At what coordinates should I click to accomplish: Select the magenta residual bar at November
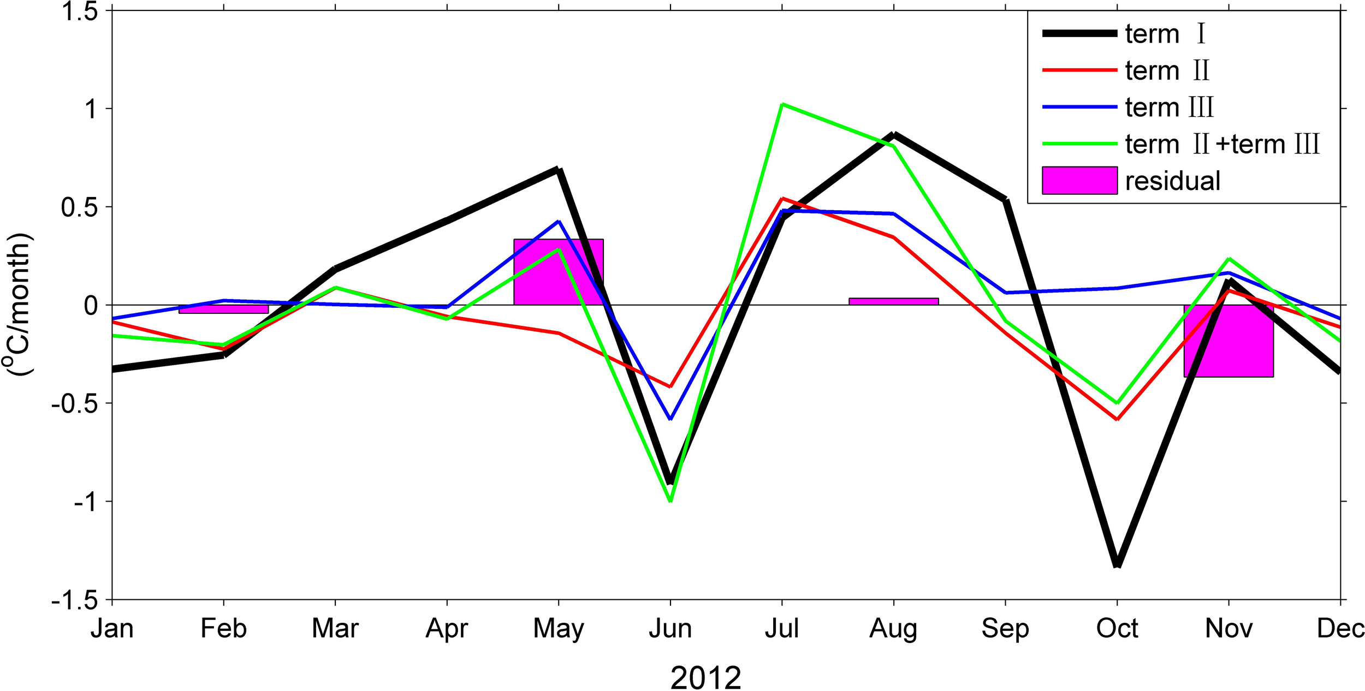tap(1228, 341)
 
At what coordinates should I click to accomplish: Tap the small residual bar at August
tap(893, 301)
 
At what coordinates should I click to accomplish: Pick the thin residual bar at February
tap(223, 309)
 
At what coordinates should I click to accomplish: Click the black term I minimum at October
tap(1117, 565)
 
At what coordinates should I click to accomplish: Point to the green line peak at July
tap(782, 104)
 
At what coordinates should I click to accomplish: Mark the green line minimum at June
tap(670, 501)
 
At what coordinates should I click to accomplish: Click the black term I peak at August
tap(894, 134)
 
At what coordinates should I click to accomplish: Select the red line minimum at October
tap(1117, 419)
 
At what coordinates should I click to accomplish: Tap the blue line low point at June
tap(670, 419)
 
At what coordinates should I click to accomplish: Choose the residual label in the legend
tap(1172, 181)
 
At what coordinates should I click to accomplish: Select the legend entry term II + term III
tap(1222, 144)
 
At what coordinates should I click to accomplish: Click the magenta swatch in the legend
tap(1079, 181)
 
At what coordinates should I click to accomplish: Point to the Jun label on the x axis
tap(670, 629)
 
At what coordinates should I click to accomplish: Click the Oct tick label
tap(1117, 629)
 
